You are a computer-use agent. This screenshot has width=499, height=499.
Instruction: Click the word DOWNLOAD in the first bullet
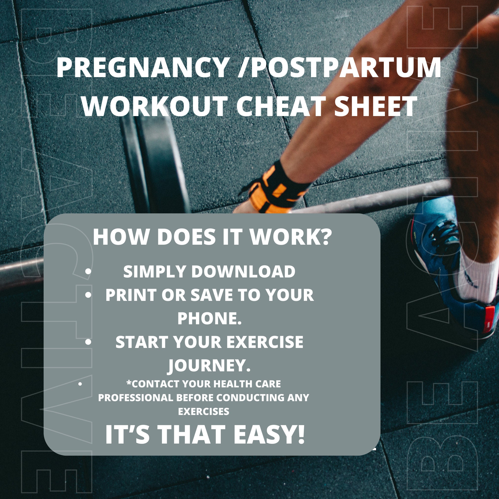pos(243,272)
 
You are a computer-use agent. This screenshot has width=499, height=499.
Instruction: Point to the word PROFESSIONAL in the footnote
pos(135,398)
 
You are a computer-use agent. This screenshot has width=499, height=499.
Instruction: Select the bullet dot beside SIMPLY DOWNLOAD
pos(88,272)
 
